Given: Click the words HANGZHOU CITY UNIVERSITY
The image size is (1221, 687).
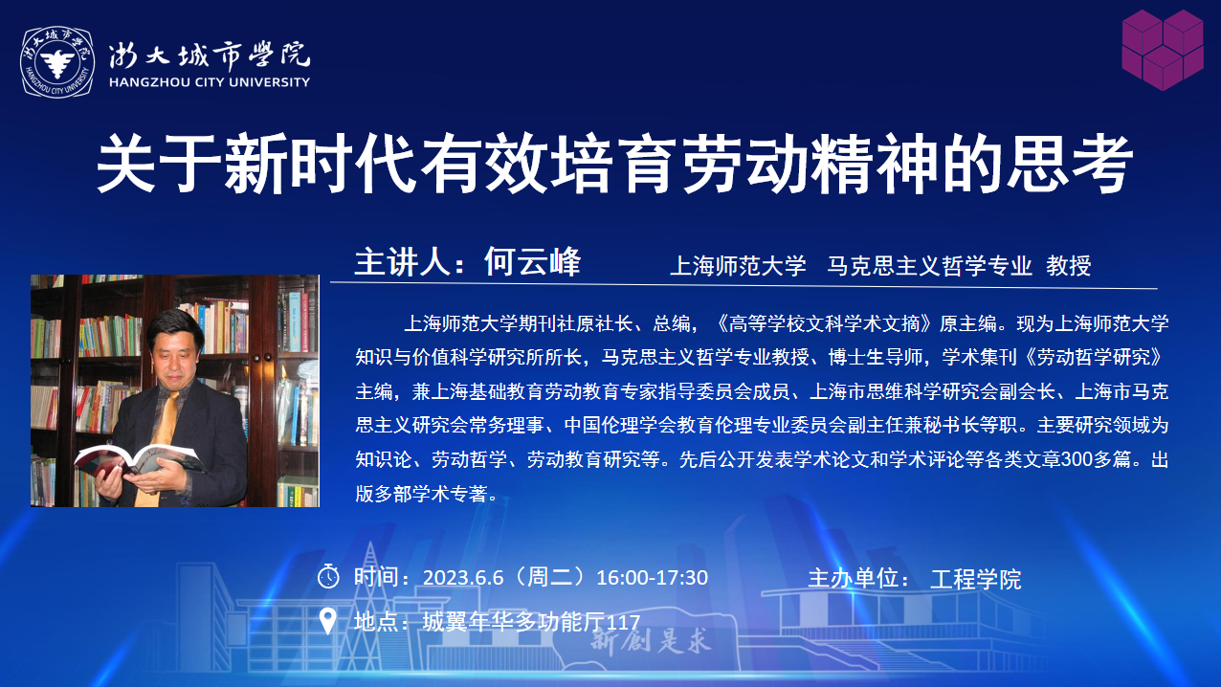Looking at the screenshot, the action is click(210, 82).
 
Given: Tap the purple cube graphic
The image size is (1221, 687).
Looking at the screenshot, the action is click(1163, 50).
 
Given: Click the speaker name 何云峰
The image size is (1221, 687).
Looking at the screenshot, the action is click(533, 262).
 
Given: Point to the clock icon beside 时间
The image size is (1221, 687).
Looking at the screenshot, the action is click(328, 576).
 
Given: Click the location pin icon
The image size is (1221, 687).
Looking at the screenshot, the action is click(327, 621).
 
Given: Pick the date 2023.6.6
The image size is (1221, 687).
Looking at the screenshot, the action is click(463, 577).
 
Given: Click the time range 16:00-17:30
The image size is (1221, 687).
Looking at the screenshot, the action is click(653, 577).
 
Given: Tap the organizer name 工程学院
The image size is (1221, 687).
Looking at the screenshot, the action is click(976, 579).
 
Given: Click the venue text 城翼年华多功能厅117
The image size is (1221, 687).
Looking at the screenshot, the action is click(531, 622).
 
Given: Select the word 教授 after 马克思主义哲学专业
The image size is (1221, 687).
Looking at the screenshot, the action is click(1068, 266).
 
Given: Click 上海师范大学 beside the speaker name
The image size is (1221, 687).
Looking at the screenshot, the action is click(738, 266).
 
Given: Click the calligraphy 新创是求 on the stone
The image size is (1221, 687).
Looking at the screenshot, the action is click(651, 641).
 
